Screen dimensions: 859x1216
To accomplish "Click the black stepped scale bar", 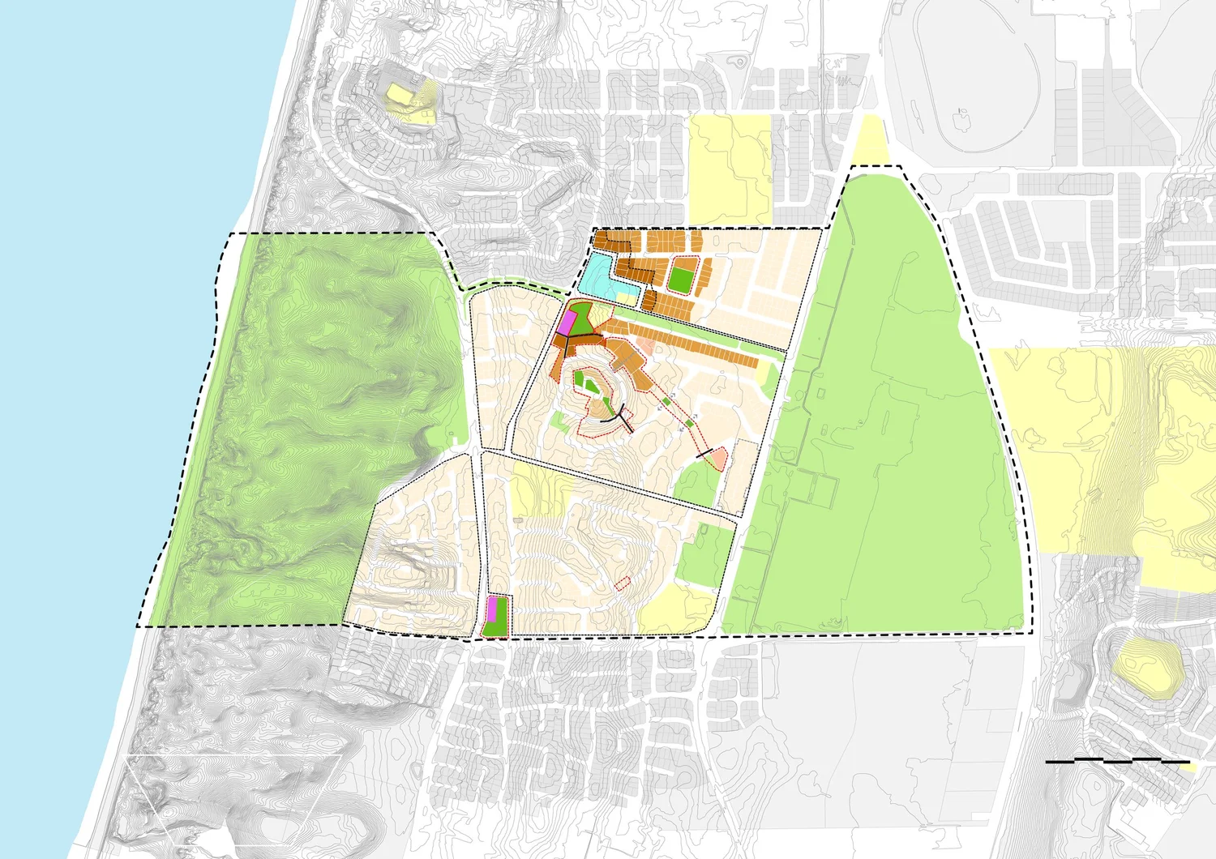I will click(1117, 761).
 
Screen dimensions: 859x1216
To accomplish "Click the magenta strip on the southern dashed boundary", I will click(490, 609).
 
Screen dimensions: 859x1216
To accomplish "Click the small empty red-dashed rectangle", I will click(623, 582).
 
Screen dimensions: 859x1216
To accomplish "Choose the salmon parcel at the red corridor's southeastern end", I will click(719, 459).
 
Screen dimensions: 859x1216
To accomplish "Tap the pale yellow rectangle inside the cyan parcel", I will click(626, 297).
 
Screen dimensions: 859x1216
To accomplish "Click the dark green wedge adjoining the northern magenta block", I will click(585, 319).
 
